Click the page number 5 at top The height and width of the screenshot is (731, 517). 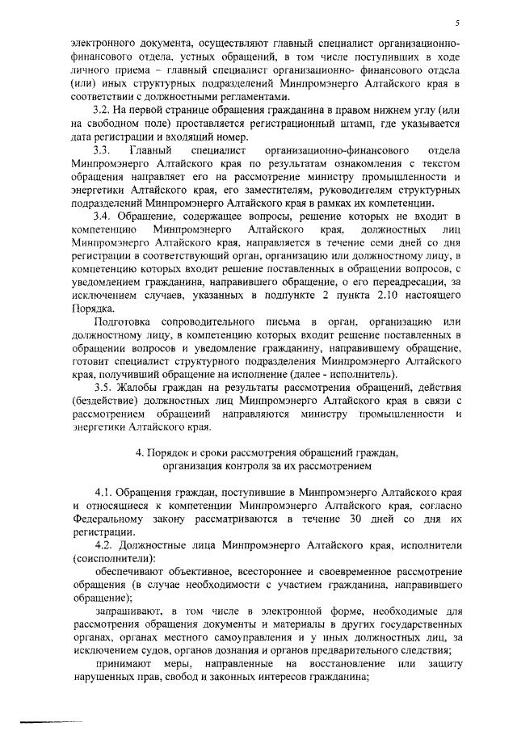pos(456,23)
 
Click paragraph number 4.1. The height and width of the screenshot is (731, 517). pos(106,491)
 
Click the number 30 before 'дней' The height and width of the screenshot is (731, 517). pos(355,519)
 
